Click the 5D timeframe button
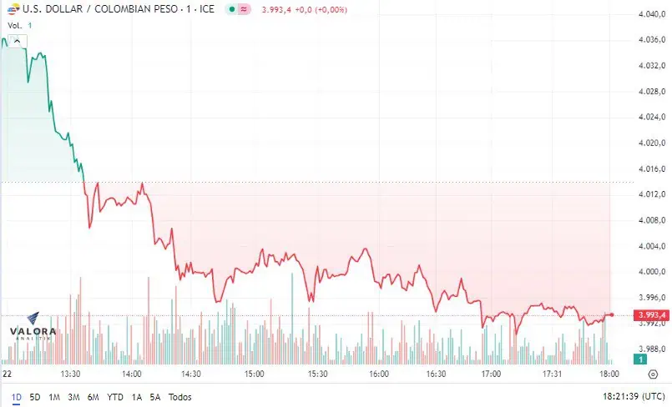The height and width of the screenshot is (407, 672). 35,397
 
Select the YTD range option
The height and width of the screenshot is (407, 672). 115,397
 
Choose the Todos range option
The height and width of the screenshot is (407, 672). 180,397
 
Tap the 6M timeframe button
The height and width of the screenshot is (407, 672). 93,397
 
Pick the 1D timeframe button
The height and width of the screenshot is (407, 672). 17,397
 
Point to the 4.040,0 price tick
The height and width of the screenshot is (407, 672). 651,14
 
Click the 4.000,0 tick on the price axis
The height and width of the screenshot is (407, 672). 651,272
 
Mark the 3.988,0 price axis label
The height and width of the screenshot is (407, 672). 651,349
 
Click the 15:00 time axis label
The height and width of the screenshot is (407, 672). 254,374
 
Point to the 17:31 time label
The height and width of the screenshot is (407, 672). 552,374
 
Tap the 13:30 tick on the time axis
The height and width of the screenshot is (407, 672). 70,374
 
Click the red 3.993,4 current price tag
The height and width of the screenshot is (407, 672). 651,315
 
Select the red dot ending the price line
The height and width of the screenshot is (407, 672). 612,315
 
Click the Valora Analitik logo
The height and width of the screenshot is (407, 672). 33,327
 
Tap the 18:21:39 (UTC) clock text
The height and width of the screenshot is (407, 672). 634,397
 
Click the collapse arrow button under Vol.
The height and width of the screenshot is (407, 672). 17,41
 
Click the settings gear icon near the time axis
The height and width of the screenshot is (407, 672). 653,374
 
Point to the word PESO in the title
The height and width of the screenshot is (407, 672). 166,9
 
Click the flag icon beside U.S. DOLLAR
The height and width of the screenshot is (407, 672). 13,9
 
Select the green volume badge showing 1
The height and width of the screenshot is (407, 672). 640,359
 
